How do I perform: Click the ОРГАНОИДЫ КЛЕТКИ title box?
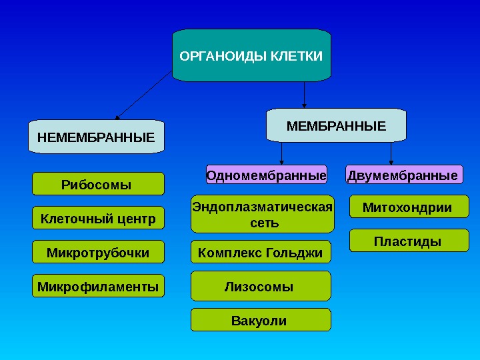[251, 55]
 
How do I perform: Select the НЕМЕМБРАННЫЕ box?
[96, 138]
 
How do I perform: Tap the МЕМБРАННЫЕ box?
[336, 125]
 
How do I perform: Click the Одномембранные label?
[267, 175]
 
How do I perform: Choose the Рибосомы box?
[99, 184]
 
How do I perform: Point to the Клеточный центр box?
[99, 218]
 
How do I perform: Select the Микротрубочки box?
[99, 252]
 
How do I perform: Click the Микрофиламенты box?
[99, 287]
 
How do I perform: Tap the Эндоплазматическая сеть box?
[261, 214]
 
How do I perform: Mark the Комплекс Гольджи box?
[261, 253]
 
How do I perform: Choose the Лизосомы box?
[261, 287]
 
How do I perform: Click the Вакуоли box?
[261, 321]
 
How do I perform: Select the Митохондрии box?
[409, 207]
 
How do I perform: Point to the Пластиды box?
[409, 241]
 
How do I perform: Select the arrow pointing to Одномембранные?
[282, 153]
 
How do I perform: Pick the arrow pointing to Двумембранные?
[391, 153]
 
